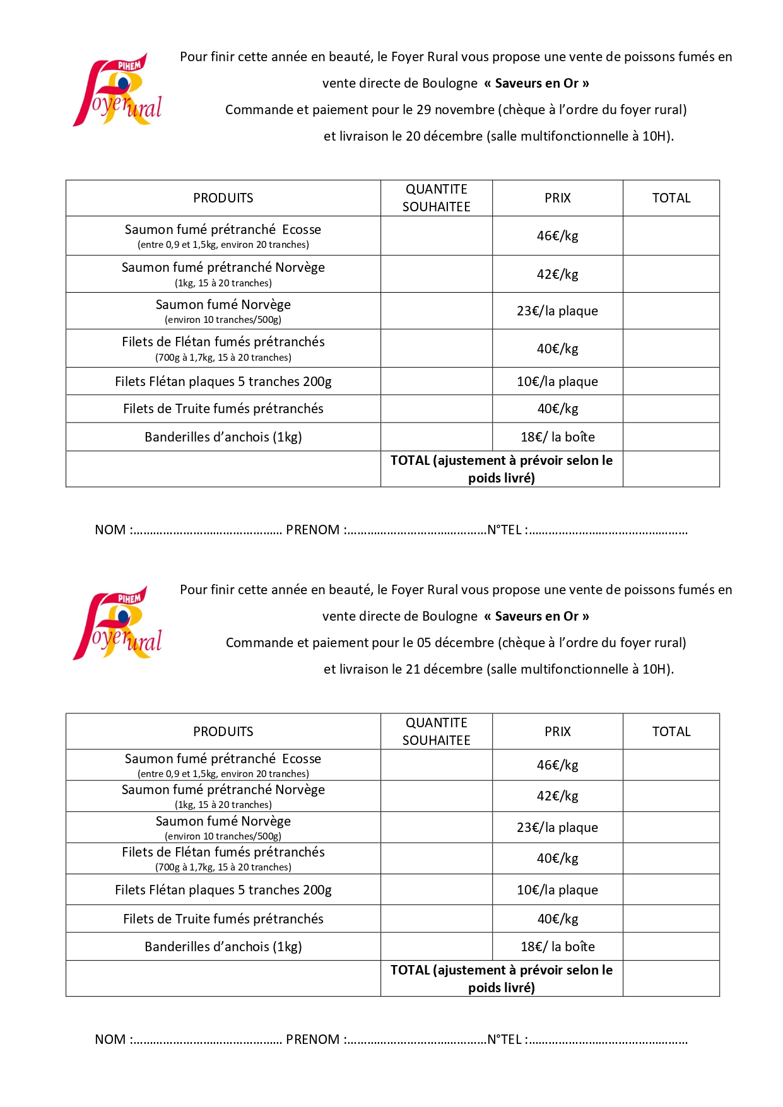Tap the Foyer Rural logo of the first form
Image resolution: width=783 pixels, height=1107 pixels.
click(118, 90)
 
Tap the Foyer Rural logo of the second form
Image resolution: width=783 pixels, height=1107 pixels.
click(118, 623)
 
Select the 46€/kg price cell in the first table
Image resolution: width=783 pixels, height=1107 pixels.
click(557, 236)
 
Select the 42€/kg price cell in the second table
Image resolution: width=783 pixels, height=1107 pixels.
click(557, 796)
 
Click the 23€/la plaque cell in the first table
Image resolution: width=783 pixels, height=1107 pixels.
click(557, 311)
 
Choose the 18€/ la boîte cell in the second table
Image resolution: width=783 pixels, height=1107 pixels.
click(557, 947)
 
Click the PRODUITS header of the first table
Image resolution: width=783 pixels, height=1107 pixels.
click(223, 198)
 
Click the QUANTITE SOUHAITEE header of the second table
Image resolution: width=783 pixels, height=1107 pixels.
click(436, 732)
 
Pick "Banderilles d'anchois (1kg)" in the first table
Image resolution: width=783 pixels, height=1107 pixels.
click(223, 437)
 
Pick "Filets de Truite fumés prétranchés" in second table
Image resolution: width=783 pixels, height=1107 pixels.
click(223, 919)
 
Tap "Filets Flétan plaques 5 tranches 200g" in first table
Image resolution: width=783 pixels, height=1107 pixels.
click(223, 382)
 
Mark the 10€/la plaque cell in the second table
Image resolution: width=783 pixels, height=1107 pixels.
click(557, 890)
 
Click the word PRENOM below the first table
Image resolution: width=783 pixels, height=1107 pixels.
click(312, 530)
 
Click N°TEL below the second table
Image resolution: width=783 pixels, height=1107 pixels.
click(505, 1040)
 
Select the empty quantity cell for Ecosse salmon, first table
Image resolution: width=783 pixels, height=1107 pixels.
click(436, 236)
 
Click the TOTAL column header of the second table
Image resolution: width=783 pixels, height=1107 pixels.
click(671, 732)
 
